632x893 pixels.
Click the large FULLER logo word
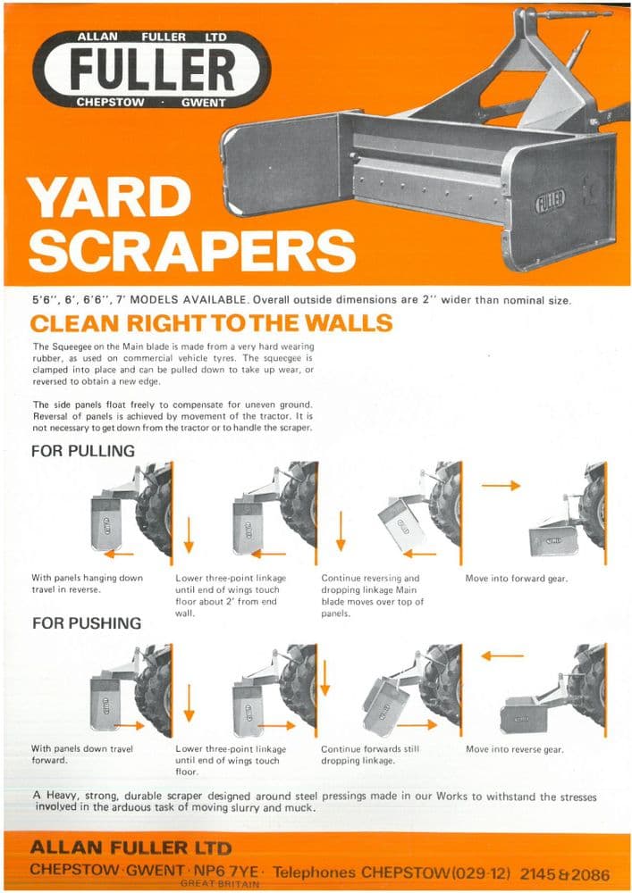pyautogui.click(x=152, y=69)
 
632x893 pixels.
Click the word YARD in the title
pyautogui.click(x=108, y=198)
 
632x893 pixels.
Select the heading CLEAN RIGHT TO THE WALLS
pyautogui.click(x=212, y=322)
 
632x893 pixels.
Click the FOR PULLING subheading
pyautogui.click(x=83, y=451)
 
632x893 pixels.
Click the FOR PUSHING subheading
pyautogui.click(x=86, y=622)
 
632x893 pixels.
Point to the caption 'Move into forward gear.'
pyautogui.click(x=516, y=579)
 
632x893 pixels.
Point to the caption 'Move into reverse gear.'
pyautogui.click(x=514, y=749)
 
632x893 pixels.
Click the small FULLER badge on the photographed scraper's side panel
pyautogui.click(x=549, y=201)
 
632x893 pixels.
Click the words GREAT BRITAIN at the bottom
pyautogui.click(x=219, y=884)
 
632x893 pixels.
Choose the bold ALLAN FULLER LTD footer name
pyautogui.click(x=131, y=847)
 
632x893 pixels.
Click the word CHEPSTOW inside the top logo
pyautogui.click(x=111, y=103)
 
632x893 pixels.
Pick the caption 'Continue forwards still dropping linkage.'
pyautogui.click(x=369, y=755)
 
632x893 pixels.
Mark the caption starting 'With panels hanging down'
pyautogui.click(x=87, y=584)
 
